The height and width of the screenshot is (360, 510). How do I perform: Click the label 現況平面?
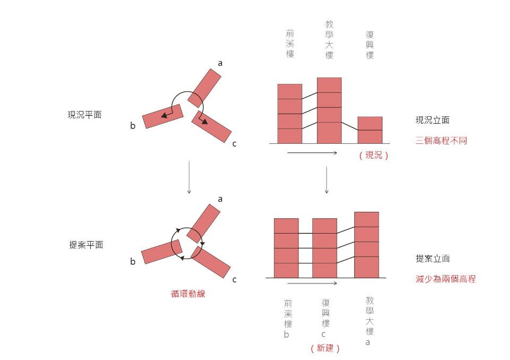point(84,115)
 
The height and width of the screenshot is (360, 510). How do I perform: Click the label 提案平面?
point(86,245)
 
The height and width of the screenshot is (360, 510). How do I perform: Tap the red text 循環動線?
point(188,294)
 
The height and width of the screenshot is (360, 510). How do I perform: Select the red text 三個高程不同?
point(441,141)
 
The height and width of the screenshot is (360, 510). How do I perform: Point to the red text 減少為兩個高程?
point(446,279)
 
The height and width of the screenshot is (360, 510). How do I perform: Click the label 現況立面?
point(432,120)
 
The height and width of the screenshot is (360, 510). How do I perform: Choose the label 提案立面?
point(432,259)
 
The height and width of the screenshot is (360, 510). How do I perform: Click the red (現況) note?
point(373,155)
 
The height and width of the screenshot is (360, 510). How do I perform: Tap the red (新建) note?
point(325,348)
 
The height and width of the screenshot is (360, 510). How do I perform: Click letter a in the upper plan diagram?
point(220,63)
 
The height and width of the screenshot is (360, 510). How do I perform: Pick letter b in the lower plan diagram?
point(133,261)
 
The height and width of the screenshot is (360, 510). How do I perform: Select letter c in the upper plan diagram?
point(234,144)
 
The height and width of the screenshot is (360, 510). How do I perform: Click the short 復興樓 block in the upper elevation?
point(370,130)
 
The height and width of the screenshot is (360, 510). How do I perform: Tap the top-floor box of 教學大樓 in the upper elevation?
point(329,85)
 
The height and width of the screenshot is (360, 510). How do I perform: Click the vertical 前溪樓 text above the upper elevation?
point(290,43)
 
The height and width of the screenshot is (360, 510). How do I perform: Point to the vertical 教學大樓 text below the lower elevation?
point(370,315)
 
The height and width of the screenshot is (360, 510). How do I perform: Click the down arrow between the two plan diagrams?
point(189,177)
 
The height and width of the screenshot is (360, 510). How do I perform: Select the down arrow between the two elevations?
point(327,180)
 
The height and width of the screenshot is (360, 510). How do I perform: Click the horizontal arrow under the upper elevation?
point(312,152)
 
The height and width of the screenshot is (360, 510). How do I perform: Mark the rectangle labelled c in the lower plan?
point(210,262)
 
